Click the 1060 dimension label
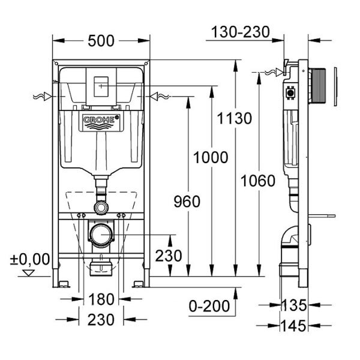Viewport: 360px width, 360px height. pos(258,181)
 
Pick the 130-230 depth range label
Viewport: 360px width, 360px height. pos(240,32)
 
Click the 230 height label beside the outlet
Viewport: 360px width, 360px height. pos(168,256)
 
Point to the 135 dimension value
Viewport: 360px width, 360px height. pos(294,305)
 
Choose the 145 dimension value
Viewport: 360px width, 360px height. pos(294,325)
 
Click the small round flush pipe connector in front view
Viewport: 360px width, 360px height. pos(100,207)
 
